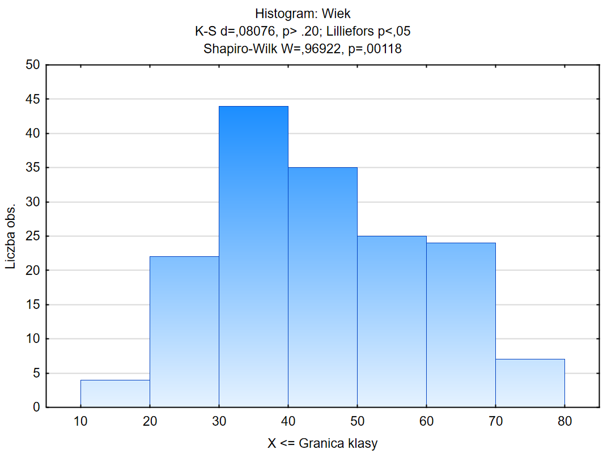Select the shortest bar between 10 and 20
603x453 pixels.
tap(115, 393)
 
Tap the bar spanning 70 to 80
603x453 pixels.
tap(530, 383)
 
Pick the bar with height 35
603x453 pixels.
tap(322, 287)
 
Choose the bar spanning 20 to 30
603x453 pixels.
tap(184, 332)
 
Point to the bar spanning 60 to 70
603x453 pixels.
tap(461, 325)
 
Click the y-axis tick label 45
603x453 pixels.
tap(32, 100)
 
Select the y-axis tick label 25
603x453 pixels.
tap(32, 236)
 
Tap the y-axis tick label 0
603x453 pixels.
tap(36, 408)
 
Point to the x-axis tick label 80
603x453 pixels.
tap(564, 421)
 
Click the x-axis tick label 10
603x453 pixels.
tap(80, 421)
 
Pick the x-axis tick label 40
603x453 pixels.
tap(288, 421)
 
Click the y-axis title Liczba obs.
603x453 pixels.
tap(11, 236)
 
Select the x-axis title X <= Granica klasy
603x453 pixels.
tap(322, 443)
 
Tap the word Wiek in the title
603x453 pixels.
tap(337, 13)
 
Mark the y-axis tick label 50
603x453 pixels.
tap(32, 65)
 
